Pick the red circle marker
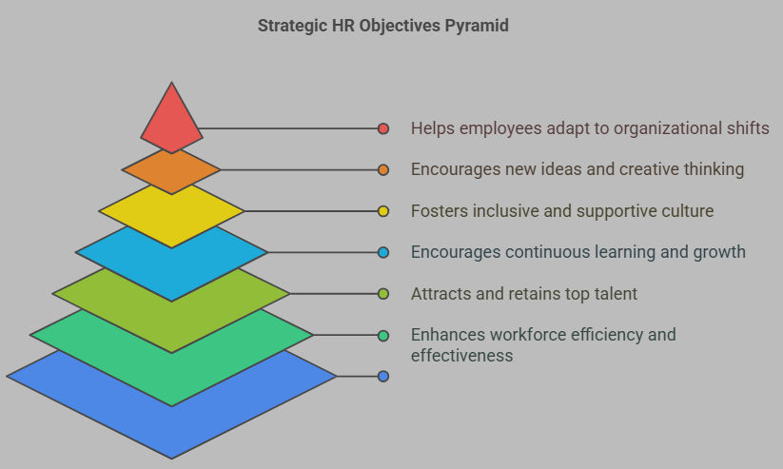383,128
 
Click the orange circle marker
383,170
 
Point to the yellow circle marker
383,211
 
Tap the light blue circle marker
383,252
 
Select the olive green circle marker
383,294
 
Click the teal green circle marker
383,335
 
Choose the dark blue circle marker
383,376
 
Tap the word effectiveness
462,356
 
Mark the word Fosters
440,211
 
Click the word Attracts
441,294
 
